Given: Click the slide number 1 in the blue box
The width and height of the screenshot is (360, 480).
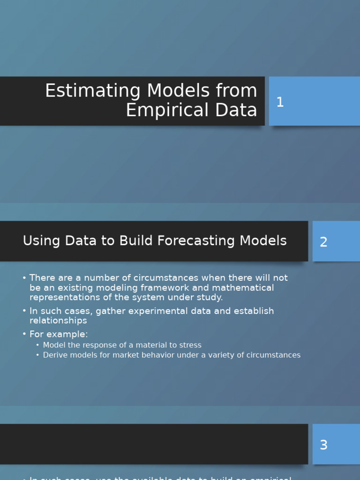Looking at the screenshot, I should click(280, 102).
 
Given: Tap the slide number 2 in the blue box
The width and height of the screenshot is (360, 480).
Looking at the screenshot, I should click(323, 242).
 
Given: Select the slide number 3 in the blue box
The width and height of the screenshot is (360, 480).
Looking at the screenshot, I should click(323, 445).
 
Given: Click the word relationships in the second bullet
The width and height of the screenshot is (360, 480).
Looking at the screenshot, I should click(58, 321).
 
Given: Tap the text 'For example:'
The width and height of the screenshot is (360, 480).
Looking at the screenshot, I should click(59, 334).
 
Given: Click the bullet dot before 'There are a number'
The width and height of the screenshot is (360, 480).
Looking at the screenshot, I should click(24, 278).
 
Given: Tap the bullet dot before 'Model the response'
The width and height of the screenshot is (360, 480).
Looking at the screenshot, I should click(38, 345).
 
